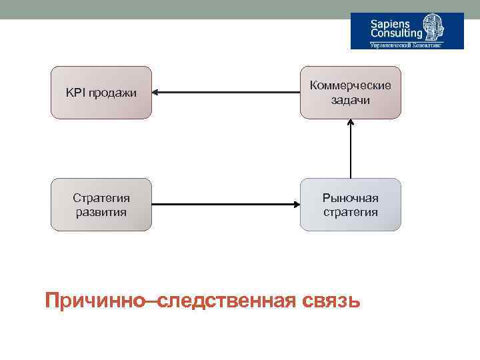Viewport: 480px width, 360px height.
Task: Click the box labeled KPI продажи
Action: pos(101,93)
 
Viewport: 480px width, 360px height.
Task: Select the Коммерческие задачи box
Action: pos(351,93)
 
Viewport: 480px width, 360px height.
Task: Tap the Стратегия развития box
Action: pos(101,205)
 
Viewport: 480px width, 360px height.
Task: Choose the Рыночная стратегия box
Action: pos(351,205)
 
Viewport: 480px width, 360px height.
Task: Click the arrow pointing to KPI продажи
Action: pos(226,93)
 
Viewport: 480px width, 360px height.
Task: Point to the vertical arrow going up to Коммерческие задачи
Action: pos(351,149)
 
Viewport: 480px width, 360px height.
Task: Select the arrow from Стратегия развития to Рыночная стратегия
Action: pos(226,205)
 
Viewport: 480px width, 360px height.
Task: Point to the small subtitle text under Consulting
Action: pos(407,45)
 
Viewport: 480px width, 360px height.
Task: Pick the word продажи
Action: pos(111,93)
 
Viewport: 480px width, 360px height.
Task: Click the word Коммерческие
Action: pos(351,86)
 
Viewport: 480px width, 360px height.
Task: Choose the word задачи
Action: pos(351,100)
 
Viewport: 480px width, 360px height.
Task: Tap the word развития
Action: pos(101,212)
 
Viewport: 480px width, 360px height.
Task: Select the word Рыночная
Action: pos(351,198)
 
